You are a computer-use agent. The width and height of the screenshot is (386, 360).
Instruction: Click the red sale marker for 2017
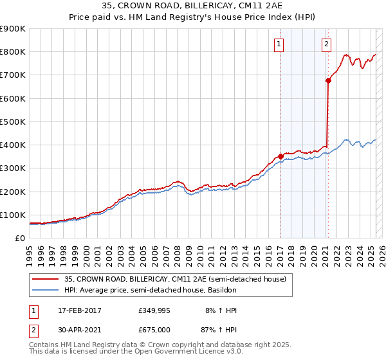click(280, 156)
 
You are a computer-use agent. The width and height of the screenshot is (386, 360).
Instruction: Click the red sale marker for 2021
click(328, 80)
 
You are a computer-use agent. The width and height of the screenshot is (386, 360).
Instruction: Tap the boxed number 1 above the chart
click(279, 44)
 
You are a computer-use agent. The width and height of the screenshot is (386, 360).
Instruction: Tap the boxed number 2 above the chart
click(327, 44)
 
